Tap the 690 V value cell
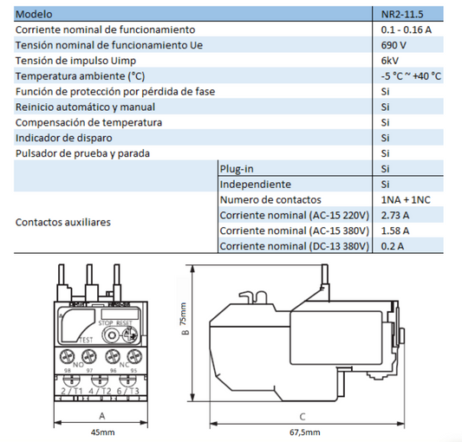click(x=394, y=45)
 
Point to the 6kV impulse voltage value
click(x=390, y=61)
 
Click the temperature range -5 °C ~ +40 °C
click(x=411, y=76)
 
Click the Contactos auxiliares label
click(x=63, y=222)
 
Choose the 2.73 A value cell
click(x=394, y=216)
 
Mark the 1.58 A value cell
click(x=394, y=231)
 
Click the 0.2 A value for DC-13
click(x=392, y=247)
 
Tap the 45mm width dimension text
click(x=101, y=432)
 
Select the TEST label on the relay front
click(x=86, y=340)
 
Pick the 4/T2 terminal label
click(x=101, y=391)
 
